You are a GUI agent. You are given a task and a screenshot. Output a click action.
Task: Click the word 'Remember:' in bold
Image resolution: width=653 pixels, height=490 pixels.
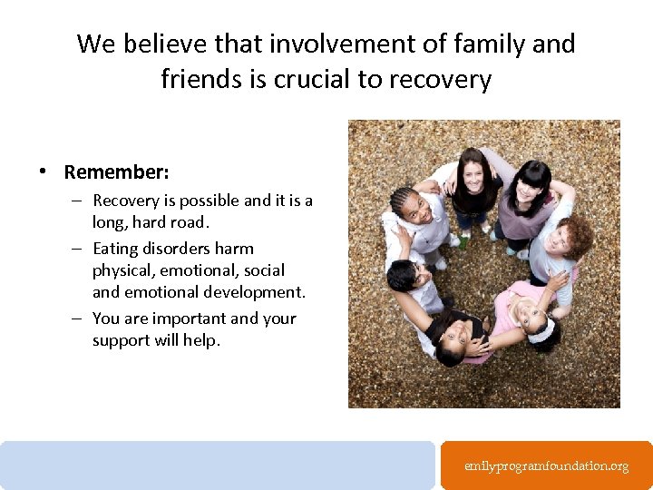(x=116, y=171)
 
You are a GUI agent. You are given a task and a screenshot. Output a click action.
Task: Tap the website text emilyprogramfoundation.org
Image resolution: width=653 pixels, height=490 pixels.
(x=546, y=465)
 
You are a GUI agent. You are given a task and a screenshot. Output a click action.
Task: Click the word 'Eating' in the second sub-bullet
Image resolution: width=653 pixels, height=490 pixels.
(x=118, y=249)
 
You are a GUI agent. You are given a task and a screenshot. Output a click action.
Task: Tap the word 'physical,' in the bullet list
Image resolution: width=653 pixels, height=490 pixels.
(x=124, y=270)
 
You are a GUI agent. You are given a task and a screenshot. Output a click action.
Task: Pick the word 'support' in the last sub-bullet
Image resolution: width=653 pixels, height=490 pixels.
(x=122, y=340)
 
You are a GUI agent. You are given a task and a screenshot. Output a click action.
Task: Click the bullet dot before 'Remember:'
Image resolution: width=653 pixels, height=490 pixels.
(x=43, y=171)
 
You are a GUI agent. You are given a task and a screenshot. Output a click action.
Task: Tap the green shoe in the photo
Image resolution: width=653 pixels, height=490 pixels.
(x=463, y=242)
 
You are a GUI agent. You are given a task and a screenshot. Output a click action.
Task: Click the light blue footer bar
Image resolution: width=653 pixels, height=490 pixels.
(x=218, y=465)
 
